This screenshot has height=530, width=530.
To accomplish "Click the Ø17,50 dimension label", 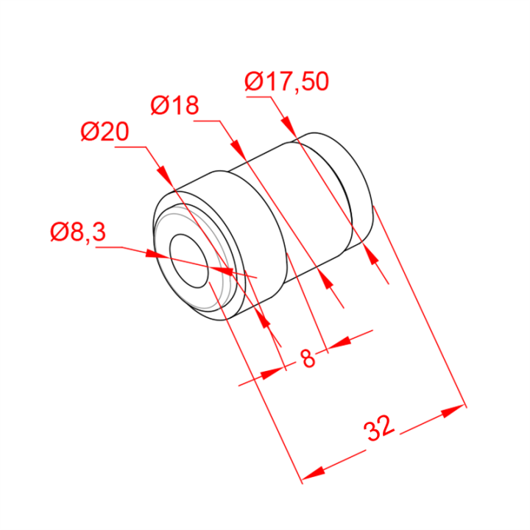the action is [286, 82].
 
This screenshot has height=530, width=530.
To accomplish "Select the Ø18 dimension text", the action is [174, 105].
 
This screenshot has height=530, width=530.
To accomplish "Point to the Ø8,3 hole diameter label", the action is [78, 232].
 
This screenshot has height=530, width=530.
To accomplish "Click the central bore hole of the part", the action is [188, 261].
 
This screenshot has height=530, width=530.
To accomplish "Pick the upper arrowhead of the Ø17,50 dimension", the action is [289, 127].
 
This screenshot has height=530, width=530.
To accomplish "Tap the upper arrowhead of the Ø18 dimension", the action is [238, 149].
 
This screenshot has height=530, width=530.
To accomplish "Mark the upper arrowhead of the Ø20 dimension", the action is [166, 175].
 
